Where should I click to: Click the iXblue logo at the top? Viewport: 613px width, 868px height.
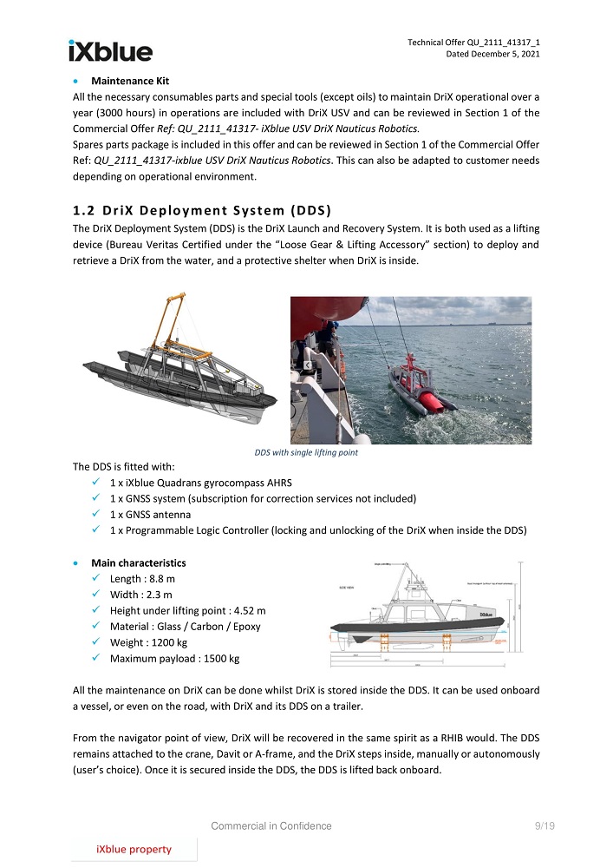[x=110, y=51]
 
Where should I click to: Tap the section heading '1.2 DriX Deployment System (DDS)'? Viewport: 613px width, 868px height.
[x=203, y=211]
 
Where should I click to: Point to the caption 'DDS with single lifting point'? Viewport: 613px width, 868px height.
[x=306, y=452]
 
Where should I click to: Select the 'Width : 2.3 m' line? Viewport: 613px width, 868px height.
[x=141, y=595]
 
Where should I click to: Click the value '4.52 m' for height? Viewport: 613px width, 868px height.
[x=249, y=610]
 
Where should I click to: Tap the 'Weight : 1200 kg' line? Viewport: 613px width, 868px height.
[x=148, y=642]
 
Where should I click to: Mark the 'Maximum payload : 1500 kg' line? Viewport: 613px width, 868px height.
[x=174, y=659]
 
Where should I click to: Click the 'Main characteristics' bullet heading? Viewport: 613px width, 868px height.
[x=138, y=562]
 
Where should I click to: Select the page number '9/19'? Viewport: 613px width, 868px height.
[x=545, y=825]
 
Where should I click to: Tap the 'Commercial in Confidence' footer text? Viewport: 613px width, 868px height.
[x=271, y=825]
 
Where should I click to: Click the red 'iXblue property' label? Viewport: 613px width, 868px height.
[x=134, y=849]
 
